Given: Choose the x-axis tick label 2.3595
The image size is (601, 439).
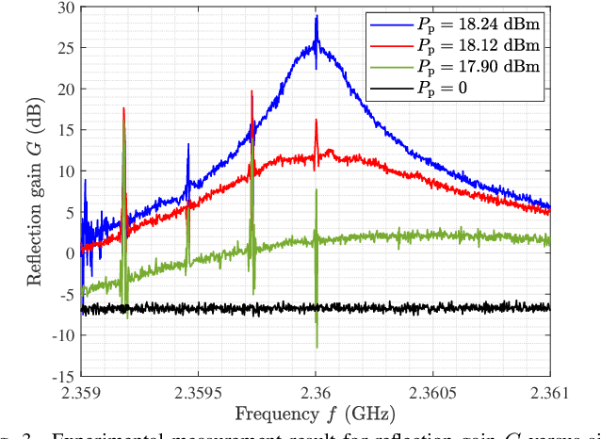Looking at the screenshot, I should (198, 391).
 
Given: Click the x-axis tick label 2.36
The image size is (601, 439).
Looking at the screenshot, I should (316, 391).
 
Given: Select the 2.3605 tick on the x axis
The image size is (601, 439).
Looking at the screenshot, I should (432, 391).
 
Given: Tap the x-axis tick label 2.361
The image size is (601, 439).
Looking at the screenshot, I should (549, 391).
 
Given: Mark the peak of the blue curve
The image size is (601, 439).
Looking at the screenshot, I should (317, 16).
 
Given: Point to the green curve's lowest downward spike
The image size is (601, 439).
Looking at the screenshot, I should (317, 348).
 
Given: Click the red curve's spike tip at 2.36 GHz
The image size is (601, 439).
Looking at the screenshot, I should (317, 120).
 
